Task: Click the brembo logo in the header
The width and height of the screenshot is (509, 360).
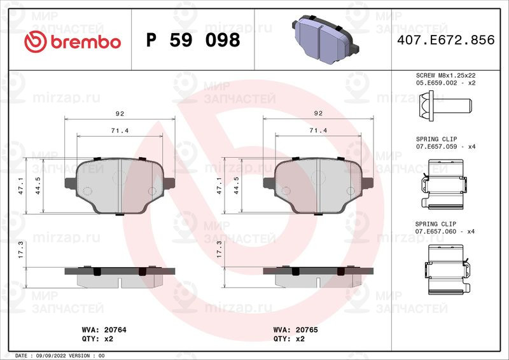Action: click(x=71, y=41)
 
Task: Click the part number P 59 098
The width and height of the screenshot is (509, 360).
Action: click(x=193, y=41)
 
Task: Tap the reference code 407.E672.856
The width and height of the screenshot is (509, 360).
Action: click(x=445, y=41)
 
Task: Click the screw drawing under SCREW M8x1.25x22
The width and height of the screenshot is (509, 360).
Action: click(x=445, y=104)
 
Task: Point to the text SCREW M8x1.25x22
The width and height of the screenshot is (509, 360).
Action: click(x=445, y=75)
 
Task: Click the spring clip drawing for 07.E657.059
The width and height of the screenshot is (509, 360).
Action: click(x=445, y=183)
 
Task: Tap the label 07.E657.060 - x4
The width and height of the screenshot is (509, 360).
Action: click(x=445, y=232)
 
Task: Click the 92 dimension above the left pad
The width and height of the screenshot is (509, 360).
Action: click(x=120, y=113)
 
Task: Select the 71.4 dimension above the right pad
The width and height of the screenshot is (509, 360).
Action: click(x=318, y=130)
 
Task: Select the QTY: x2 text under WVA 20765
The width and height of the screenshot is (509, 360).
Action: click(x=289, y=339)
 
